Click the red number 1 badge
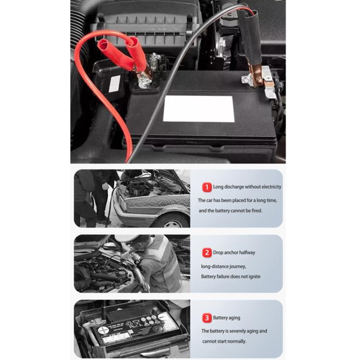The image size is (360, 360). pos(207,187)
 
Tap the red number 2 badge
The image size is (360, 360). pos(207,252)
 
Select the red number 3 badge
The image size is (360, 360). pos(207,318)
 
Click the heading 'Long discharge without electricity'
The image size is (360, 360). pos(247,187)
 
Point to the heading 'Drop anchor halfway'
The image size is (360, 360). pos(234,252)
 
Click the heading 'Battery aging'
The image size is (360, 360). pos(227,318)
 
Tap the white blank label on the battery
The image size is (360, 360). pos(198,109)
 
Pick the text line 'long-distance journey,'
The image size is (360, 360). pos(224,266)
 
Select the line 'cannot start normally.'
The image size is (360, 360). pos(224,341)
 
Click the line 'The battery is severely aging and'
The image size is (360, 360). pos(234,331)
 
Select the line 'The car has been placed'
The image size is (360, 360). pos(238,200)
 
